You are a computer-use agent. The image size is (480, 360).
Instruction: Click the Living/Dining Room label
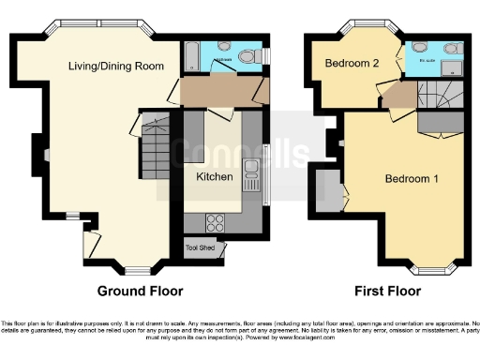tap(117, 66)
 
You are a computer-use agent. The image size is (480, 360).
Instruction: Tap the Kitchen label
tap(214, 175)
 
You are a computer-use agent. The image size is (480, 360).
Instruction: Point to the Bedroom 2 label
tap(352, 64)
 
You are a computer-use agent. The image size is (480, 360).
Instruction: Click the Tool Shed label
tap(199, 247)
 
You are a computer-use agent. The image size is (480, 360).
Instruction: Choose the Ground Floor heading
tap(141, 291)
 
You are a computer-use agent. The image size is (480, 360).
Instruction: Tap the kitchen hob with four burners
tap(214, 222)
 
